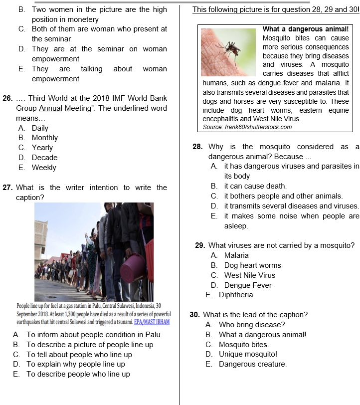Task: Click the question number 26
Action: [x=7, y=98]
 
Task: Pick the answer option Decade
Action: [x=44, y=158]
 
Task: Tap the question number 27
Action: [x=7, y=188]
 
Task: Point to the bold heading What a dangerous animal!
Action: [x=305, y=29]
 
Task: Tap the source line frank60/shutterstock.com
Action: [x=247, y=127]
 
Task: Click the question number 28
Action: [x=197, y=147]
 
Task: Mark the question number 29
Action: [x=200, y=245]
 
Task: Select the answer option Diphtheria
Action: [x=235, y=295]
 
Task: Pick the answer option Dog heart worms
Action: [x=252, y=265]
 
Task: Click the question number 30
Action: [x=195, y=315]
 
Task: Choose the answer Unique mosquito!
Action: [x=248, y=354]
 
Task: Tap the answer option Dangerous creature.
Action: [x=252, y=364]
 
